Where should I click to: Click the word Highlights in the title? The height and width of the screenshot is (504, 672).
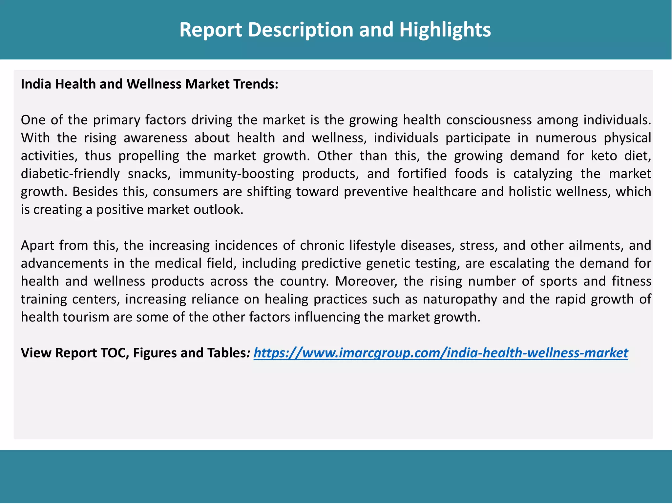pos(445,30)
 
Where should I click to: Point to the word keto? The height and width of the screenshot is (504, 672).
pos(604,156)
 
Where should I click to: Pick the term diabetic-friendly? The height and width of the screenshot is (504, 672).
pos(70,174)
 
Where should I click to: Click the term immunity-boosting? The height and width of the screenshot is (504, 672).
pos(236,174)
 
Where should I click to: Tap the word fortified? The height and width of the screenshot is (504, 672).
pos(422,174)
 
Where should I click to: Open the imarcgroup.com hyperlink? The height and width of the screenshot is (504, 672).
pos(441,353)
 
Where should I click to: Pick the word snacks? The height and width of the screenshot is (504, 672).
pos(149,174)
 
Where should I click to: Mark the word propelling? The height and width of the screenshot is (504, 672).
pos(149,156)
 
